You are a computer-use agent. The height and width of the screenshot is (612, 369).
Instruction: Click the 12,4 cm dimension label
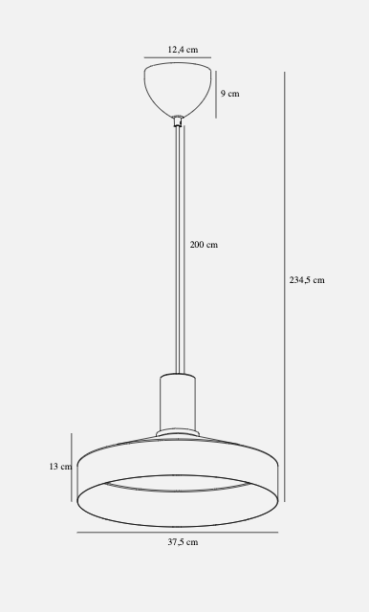183,50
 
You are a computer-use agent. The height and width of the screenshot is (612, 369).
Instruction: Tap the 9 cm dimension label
229,94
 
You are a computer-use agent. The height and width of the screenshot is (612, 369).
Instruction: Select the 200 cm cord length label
204,245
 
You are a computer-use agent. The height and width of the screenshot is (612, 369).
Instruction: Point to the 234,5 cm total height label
307,280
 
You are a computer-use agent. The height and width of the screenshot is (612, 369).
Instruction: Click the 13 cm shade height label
60,467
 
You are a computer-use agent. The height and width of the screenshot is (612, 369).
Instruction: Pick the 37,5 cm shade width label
183,542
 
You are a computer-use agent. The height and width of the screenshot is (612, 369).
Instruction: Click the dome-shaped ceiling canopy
178,89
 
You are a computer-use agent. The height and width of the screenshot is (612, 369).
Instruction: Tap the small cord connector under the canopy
178,121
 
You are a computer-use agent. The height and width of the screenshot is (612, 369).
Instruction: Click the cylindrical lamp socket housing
178,403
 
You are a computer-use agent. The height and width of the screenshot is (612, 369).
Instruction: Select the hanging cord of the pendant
180,250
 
